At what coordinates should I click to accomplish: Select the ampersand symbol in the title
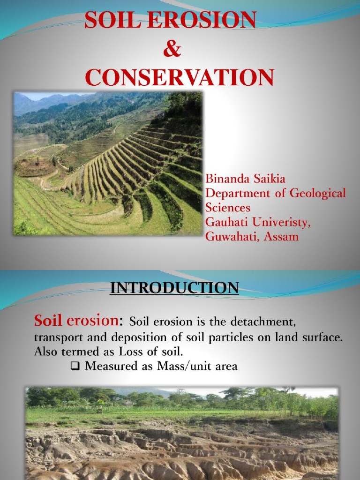point(172,50)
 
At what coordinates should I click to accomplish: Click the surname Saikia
point(270,179)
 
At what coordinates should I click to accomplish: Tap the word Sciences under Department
point(228,207)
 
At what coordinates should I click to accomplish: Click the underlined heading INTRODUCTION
point(174,287)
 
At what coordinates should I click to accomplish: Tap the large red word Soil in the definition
point(48,322)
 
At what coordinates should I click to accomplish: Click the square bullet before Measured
point(74,367)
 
